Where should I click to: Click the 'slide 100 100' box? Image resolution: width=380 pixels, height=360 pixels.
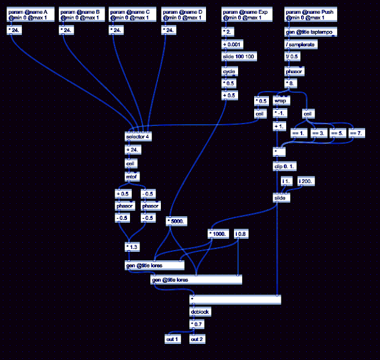pyautogui.click(x=239, y=56)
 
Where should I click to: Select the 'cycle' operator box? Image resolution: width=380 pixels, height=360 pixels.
pyautogui.click(x=229, y=71)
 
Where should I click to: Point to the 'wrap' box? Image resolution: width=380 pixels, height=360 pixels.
pyautogui.click(x=281, y=101)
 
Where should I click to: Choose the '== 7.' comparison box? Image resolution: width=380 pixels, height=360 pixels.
pyautogui.click(x=357, y=134)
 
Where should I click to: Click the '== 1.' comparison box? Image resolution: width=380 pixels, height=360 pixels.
pyautogui.click(x=298, y=134)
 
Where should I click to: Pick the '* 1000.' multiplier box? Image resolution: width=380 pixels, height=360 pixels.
pyautogui.click(x=218, y=233)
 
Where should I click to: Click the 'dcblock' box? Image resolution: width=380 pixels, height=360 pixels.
pyautogui.click(x=199, y=311)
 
